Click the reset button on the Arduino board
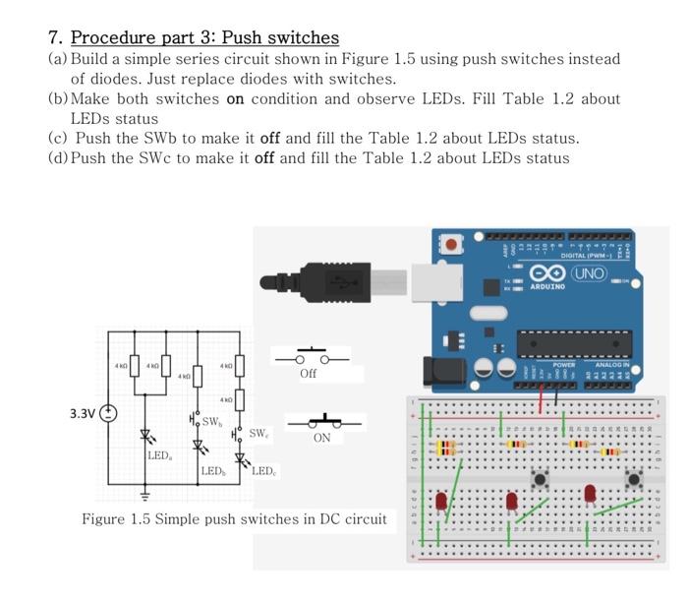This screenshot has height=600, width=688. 451,243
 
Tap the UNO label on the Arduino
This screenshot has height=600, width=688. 589,271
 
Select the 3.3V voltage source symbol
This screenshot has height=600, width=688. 108,413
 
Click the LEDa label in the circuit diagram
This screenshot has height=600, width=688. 159,455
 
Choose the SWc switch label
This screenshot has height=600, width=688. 258,433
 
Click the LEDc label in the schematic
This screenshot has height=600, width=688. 262,471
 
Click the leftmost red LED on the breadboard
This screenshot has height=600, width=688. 441,500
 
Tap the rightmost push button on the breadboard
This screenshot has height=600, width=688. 634,480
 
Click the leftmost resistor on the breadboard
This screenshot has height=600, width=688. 446,448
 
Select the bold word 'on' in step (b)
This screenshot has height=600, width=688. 235,98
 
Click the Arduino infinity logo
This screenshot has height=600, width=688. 545,271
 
